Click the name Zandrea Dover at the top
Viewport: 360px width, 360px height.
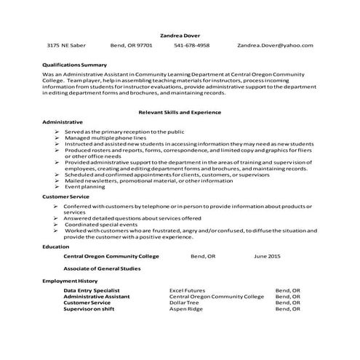pyautogui.click(x=180, y=34)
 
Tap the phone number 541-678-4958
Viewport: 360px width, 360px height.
pyautogui.click(x=191, y=45)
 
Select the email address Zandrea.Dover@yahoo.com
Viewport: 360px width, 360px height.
pyautogui.click(x=275, y=45)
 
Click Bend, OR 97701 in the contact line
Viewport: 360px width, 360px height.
pyautogui.click(x=131, y=45)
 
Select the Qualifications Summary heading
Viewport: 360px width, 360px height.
pyautogui.click(x=75, y=65)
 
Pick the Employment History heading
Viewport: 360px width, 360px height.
pyautogui.click(x=71, y=280)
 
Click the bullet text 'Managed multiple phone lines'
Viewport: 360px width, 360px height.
pyautogui.click(x=105, y=137)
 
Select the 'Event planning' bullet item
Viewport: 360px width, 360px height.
pyautogui.click(x=87, y=187)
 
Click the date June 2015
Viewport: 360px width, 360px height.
pyautogui.click(x=267, y=257)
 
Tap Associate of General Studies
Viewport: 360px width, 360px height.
pyautogui.click(x=103, y=268)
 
